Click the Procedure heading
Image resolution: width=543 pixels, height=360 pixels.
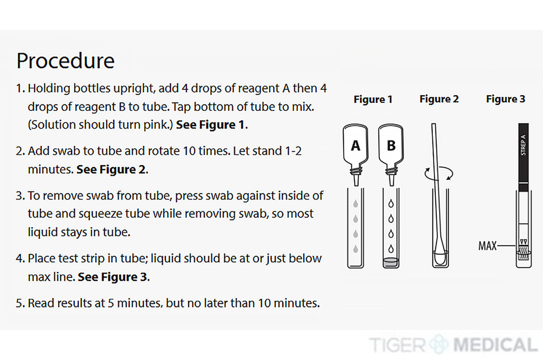coord(65,61)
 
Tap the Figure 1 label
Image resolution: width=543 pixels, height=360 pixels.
coord(373,99)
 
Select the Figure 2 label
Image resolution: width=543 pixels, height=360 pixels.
coord(439,99)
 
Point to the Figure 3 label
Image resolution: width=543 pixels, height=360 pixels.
coord(505,99)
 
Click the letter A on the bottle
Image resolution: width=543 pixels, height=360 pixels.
coord(355,146)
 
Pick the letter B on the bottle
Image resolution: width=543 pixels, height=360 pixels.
coord(391,146)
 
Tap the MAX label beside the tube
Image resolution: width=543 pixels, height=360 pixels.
coord(487,246)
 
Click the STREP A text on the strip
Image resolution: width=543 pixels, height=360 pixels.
coord(523,145)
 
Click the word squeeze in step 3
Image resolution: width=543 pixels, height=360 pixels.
coord(101,214)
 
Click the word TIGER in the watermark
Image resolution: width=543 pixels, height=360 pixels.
coord(397,345)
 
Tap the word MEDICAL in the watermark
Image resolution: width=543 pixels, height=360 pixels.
coord(495,345)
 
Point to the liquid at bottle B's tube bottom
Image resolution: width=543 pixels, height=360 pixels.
coord(391,262)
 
